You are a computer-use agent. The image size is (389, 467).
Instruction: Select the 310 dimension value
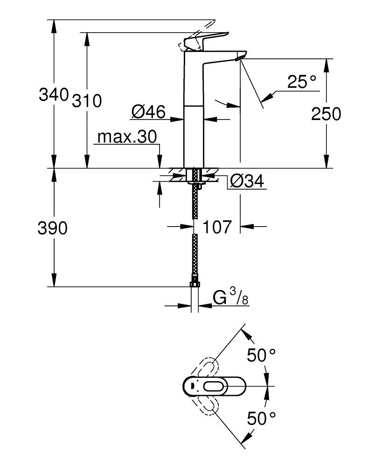click(86, 100)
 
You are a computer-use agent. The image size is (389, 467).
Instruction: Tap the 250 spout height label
click(326, 114)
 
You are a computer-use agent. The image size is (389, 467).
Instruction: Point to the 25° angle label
click(302, 83)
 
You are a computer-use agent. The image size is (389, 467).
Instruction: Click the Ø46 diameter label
click(148, 112)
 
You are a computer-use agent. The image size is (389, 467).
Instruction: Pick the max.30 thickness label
click(127, 137)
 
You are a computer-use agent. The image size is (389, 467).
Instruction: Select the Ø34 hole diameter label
click(247, 181)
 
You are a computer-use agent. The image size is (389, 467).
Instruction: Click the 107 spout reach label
click(217, 227)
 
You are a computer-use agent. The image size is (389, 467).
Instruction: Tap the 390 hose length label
click(53, 228)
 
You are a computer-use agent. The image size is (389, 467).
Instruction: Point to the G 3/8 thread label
click(230, 297)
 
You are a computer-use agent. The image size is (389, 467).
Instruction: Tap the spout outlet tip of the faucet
click(239, 58)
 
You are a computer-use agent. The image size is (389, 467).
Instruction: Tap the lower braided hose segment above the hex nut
click(194, 257)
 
